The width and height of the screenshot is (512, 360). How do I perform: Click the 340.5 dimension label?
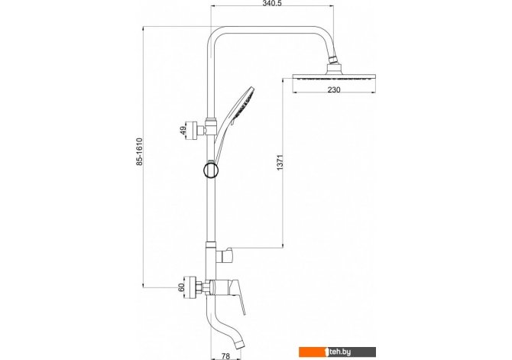[x=272, y=4]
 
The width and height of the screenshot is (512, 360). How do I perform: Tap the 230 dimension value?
[x=334, y=89]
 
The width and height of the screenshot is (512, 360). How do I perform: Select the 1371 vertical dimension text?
[x=280, y=162]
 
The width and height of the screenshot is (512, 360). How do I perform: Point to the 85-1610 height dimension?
[x=139, y=151]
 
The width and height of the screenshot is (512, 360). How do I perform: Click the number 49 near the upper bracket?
[x=183, y=131]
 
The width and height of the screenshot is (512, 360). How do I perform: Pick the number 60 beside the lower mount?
[x=182, y=287]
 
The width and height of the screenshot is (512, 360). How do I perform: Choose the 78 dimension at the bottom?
[x=225, y=356]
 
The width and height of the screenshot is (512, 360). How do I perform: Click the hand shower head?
[x=242, y=103]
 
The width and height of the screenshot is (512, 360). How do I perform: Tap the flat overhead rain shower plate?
[x=334, y=77]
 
